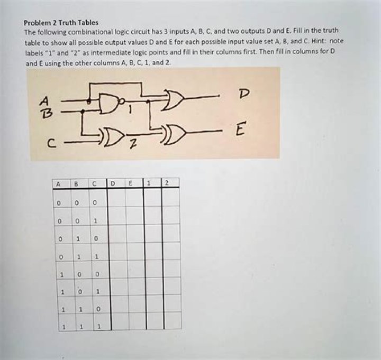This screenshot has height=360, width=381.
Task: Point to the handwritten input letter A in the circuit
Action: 46,100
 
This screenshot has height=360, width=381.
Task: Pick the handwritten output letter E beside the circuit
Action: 241,129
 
